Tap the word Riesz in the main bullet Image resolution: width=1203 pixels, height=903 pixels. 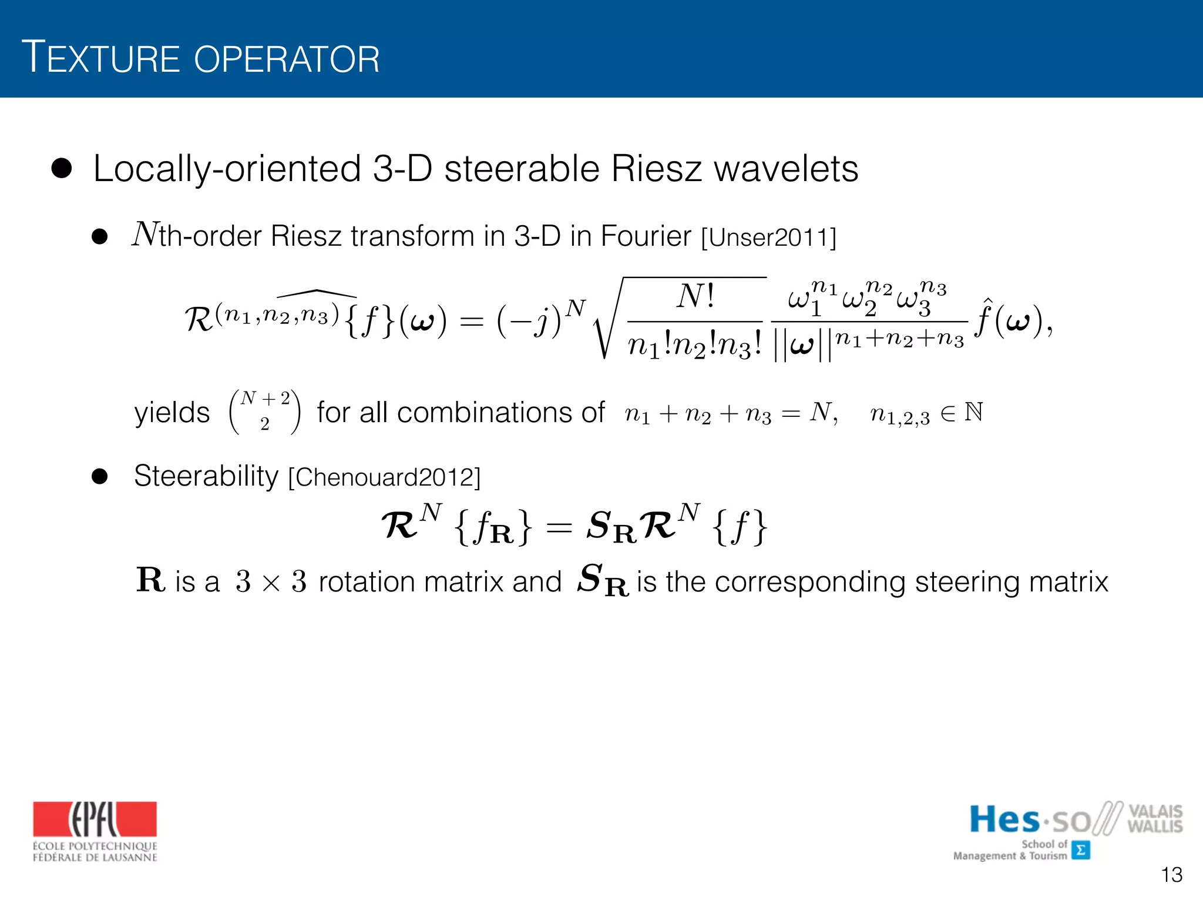(x=656, y=169)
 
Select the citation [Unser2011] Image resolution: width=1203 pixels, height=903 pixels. (x=768, y=238)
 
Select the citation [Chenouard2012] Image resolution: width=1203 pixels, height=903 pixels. (x=384, y=477)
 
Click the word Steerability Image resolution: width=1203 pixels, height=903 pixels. (x=206, y=476)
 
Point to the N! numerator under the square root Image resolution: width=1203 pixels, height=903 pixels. (x=695, y=297)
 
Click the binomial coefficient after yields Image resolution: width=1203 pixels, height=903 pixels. (x=264, y=412)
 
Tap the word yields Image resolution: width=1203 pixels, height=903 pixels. (x=172, y=413)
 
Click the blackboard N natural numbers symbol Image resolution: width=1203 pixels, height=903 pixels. (x=973, y=412)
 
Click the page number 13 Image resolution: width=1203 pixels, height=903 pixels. (x=1171, y=875)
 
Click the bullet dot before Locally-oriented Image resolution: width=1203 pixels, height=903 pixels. (x=61, y=169)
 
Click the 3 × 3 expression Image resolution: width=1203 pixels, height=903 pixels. (x=271, y=582)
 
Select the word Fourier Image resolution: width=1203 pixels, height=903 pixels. (x=646, y=236)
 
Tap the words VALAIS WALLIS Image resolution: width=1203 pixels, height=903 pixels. (x=1154, y=819)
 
